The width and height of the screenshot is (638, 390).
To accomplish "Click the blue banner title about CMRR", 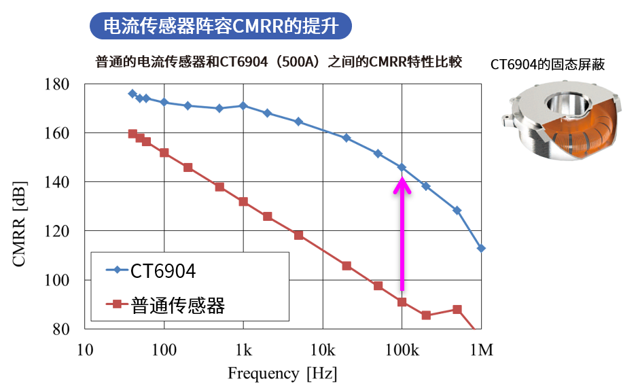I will (x=221, y=26).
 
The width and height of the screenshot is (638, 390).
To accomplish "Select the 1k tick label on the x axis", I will (x=243, y=351).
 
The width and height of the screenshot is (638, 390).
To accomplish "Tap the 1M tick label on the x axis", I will (x=481, y=351).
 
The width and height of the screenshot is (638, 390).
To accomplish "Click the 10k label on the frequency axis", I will (x=322, y=351).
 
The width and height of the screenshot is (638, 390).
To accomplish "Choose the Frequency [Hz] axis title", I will (x=282, y=373).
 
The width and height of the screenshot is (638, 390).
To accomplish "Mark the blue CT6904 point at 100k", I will (x=402, y=167).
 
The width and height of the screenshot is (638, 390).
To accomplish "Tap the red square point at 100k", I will (x=402, y=302).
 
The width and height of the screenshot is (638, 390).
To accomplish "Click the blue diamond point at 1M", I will (x=481, y=248).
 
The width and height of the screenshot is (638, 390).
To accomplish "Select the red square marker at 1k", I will (x=243, y=202).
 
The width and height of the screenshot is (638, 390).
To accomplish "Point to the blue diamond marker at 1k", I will (x=243, y=105).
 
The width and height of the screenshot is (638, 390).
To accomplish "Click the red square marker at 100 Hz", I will (x=164, y=153).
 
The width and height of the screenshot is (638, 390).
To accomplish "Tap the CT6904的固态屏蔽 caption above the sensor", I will (x=548, y=65).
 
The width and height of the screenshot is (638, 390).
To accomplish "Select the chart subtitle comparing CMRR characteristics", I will (x=279, y=63).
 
